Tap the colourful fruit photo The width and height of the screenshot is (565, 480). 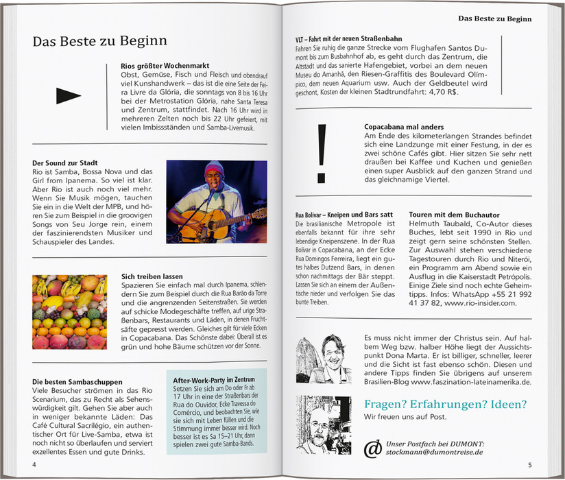tap(69, 311)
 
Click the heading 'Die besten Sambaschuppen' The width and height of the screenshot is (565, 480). tap(77, 381)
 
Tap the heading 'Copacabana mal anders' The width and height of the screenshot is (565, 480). tap(404, 127)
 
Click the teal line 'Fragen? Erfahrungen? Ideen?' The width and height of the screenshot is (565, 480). tap(445, 403)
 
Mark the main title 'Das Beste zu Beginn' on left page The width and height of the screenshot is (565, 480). tap(99, 42)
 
